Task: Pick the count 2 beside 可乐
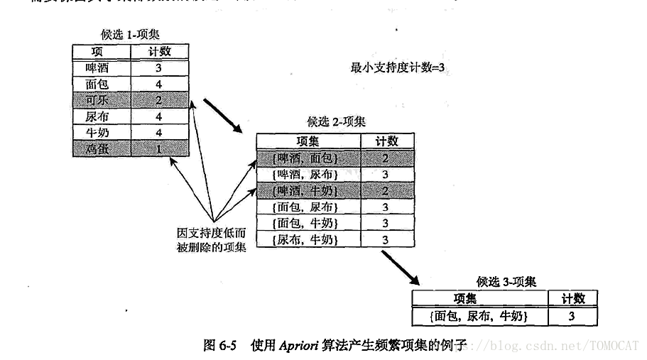(x=158, y=100)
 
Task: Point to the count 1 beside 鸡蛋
(x=158, y=148)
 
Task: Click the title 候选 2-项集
(x=336, y=122)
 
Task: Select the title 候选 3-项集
(x=506, y=282)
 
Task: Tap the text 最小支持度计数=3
(x=397, y=68)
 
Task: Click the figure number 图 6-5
(x=219, y=346)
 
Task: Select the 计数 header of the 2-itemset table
(x=386, y=141)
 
